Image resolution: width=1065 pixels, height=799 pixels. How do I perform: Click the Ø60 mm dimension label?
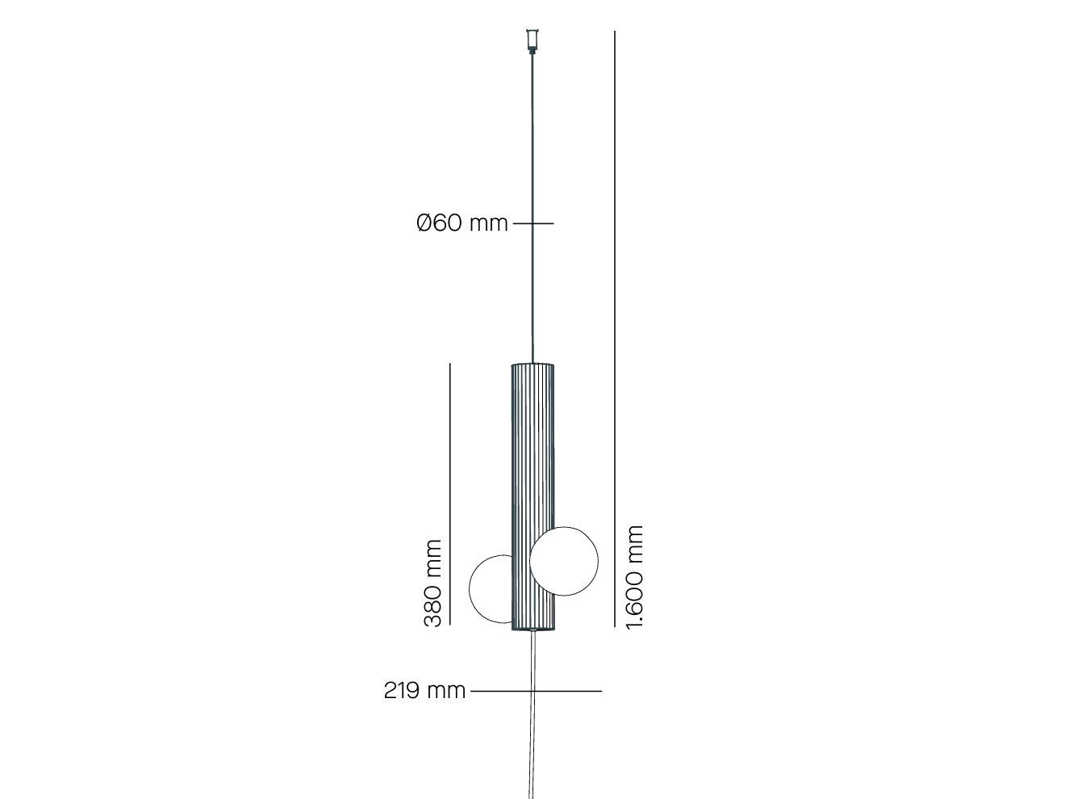(x=462, y=223)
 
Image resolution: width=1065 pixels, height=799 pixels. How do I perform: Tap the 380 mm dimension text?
(x=433, y=584)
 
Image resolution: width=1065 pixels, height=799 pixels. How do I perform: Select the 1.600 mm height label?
(x=635, y=576)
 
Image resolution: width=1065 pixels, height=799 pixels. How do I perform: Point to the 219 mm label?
(x=424, y=691)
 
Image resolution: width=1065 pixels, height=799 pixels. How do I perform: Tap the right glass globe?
(x=565, y=561)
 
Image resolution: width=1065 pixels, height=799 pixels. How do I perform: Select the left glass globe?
(x=489, y=589)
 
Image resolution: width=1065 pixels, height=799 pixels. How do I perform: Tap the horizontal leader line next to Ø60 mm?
(x=533, y=223)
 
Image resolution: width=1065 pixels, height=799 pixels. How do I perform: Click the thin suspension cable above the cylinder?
(x=532, y=202)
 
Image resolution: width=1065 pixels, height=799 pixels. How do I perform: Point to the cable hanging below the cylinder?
(x=532, y=726)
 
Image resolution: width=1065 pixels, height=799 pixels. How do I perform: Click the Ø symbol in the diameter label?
(x=425, y=223)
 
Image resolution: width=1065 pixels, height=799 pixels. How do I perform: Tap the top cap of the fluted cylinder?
(x=532, y=366)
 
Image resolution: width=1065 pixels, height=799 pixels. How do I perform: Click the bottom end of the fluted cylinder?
(x=532, y=630)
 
